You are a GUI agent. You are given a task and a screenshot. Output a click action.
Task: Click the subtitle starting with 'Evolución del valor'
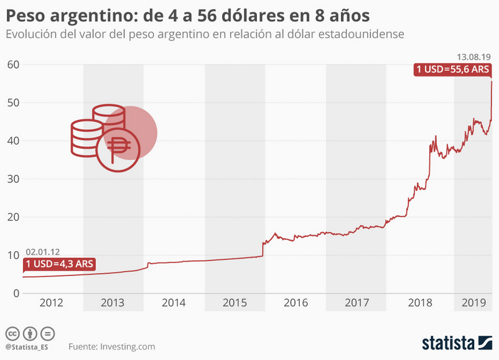coord(205,34)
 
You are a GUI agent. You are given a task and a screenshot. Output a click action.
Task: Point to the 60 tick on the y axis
coord(13,64)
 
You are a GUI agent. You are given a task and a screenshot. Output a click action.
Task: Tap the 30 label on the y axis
coord(13,179)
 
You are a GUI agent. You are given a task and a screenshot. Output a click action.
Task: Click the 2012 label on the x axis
coord(52,303)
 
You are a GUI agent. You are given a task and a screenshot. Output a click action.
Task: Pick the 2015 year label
coord(235,303)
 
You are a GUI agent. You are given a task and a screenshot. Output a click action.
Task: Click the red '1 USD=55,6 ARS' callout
coord(453,70)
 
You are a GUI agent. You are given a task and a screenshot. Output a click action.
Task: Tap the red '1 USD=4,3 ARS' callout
coord(60,264)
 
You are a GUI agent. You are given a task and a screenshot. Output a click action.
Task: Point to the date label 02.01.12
coord(43,252)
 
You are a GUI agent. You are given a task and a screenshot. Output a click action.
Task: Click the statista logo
coord(457,343)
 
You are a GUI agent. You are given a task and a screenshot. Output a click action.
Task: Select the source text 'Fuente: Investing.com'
coord(112,346)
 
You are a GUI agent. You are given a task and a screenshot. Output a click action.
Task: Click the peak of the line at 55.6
coord(492,81)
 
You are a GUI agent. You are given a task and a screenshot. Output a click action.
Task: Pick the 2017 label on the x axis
coord(356,303)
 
